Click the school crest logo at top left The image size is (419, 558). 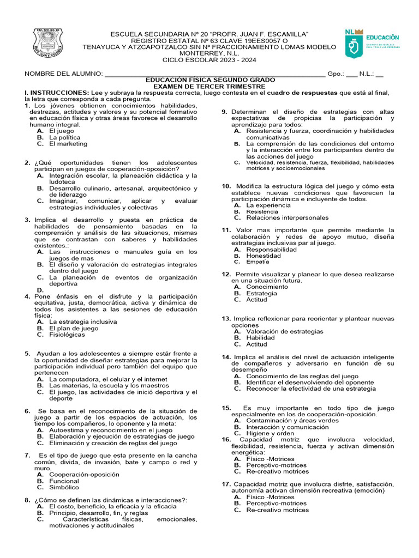tap(51, 46)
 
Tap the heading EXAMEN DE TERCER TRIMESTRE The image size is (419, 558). tap(209, 86)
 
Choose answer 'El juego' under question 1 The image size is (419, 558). tap(62, 131)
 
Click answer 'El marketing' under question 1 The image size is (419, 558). tap(68, 144)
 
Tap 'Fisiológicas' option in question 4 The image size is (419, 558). tap(67, 335)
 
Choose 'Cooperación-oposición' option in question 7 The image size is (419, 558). tap(84, 475)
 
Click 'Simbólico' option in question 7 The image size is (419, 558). tap(64, 487)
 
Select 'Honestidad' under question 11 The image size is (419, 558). tap(264, 256)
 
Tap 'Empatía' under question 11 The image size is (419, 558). tap(258, 262)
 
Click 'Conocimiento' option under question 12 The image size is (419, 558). tap(267, 287)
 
